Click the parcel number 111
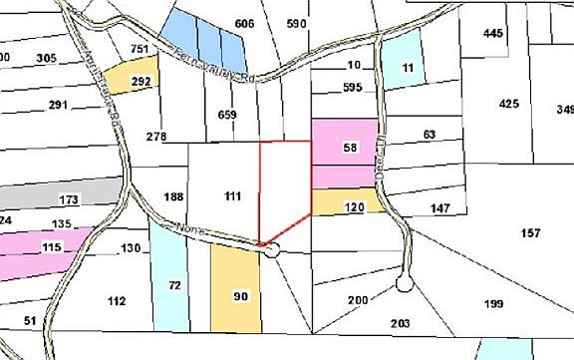(233, 197)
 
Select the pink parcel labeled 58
(349, 148)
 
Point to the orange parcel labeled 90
(239, 296)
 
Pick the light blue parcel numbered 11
(407, 68)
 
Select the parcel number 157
(530, 233)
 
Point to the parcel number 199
(465, 303)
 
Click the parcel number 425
(509, 104)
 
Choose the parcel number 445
(493, 34)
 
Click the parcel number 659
(227, 115)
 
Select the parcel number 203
(401, 323)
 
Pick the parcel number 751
(141, 50)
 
